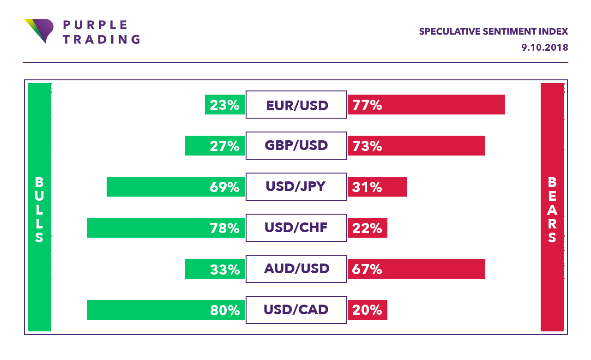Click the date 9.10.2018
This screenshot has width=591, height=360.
[x=544, y=48]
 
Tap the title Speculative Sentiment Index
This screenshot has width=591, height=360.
[x=493, y=32]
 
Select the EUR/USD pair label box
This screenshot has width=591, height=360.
[x=296, y=105]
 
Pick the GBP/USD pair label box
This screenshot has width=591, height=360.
[x=296, y=146]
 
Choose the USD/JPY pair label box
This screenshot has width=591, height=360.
[x=296, y=187]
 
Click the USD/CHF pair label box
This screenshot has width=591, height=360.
[x=296, y=228]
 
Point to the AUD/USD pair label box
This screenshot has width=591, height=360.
[x=296, y=269]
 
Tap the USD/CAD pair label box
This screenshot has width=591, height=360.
[x=296, y=310]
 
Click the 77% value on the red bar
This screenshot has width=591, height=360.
[x=367, y=105]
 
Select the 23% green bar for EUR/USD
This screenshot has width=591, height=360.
[x=225, y=105]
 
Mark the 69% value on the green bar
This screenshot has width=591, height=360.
[x=225, y=187]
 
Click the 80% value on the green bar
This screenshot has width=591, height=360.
[x=225, y=310]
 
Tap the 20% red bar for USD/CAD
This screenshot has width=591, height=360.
[x=367, y=310]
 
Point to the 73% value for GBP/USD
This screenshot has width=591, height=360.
[x=367, y=146]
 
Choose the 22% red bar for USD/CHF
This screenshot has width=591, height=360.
[x=367, y=228]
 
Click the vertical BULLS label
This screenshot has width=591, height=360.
[x=39, y=210]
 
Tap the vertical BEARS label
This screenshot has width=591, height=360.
[x=552, y=210]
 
